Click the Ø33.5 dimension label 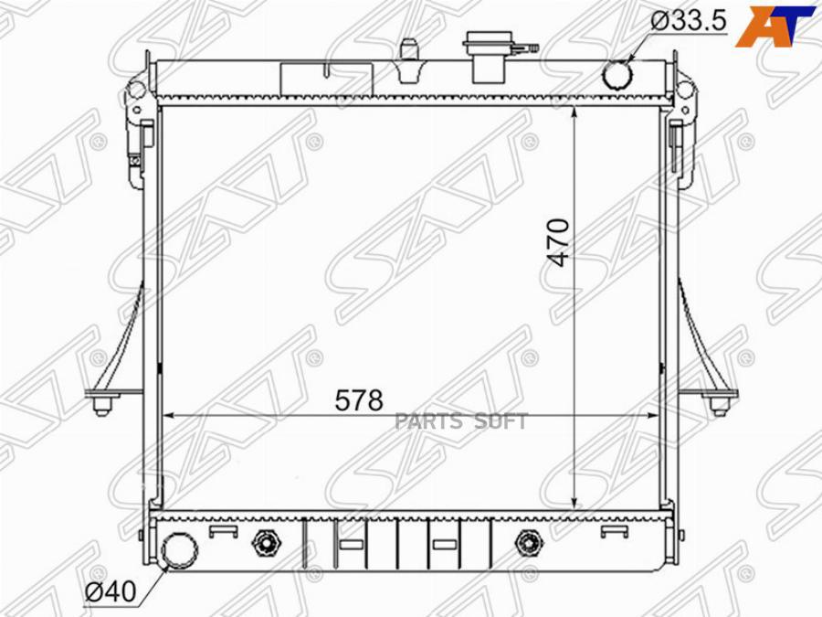[688, 21]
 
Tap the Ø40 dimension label [111, 591]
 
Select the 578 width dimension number [359, 400]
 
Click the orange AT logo [775, 27]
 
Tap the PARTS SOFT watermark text [461, 420]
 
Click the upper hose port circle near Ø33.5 [618, 75]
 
